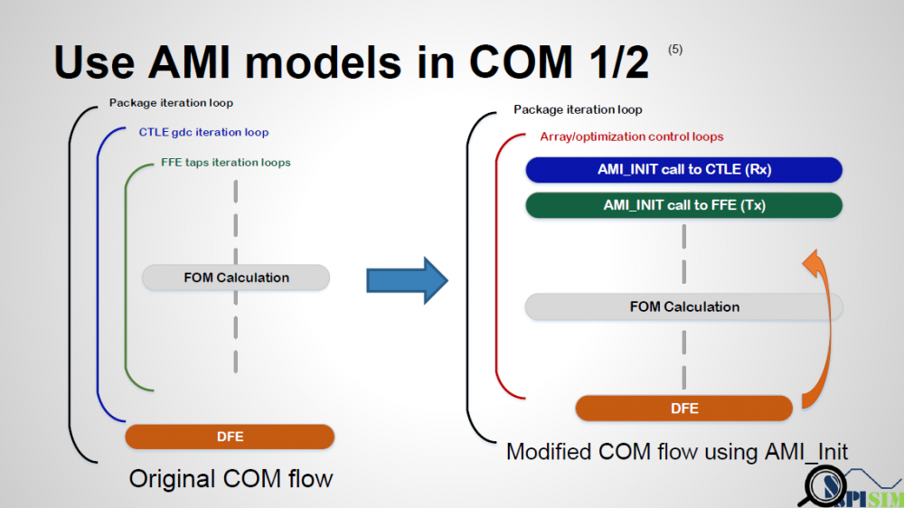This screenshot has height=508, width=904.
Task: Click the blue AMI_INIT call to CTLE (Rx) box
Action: tap(683, 170)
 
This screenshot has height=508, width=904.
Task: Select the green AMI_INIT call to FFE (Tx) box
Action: tap(683, 205)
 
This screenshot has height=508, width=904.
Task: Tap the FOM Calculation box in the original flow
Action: tap(236, 278)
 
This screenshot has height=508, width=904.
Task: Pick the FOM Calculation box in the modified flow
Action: tap(683, 306)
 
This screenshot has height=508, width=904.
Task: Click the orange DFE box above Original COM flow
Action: tap(230, 437)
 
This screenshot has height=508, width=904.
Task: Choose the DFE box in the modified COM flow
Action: tap(683, 409)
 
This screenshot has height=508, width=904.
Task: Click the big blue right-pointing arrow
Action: tap(407, 281)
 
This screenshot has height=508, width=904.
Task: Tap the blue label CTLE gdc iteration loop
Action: tap(203, 132)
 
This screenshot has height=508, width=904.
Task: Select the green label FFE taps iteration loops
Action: tap(225, 163)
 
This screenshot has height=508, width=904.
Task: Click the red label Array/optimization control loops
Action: tap(631, 136)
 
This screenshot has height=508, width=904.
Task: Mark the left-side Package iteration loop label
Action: tap(171, 103)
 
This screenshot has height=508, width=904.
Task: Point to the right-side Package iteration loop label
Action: tap(578, 109)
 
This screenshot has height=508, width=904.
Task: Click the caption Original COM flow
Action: tap(231, 478)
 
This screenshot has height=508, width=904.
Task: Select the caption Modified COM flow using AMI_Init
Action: tap(677, 451)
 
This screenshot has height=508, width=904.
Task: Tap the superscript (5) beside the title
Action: tap(675, 50)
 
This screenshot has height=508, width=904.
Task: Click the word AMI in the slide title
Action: tap(189, 61)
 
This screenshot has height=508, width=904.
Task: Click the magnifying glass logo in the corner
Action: tap(824, 486)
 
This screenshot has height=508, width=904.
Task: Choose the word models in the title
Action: tap(323, 61)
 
